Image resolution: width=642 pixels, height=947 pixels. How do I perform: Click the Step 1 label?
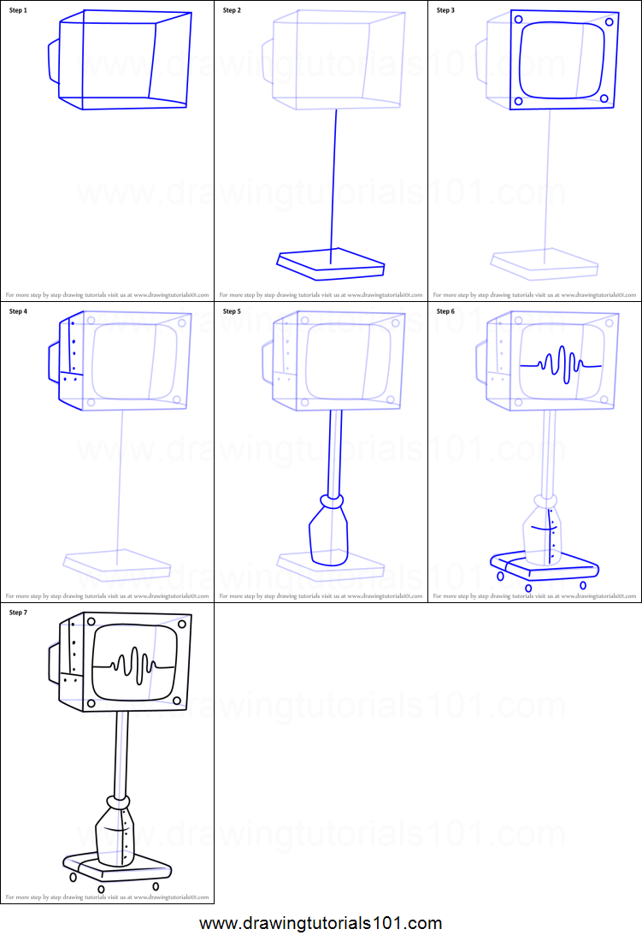(x=19, y=10)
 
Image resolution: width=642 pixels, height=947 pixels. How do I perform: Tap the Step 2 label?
(x=232, y=10)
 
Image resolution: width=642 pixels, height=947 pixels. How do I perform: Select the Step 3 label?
(x=446, y=10)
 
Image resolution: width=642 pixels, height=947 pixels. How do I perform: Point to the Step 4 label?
(x=19, y=311)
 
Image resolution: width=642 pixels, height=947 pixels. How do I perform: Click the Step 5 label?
(x=232, y=311)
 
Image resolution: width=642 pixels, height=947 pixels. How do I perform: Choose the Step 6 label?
(x=446, y=311)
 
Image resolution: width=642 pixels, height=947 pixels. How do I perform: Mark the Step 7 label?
(x=19, y=613)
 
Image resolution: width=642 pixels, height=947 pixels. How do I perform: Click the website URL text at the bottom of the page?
(x=321, y=924)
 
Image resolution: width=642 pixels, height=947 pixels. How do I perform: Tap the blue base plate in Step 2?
(x=330, y=263)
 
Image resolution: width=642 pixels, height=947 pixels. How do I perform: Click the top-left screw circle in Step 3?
(x=518, y=19)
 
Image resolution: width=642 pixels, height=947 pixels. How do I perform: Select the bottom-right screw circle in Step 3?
(x=604, y=98)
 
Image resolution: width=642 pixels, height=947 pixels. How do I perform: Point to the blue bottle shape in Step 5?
(x=328, y=536)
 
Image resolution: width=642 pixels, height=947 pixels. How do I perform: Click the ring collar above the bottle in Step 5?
(x=332, y=498)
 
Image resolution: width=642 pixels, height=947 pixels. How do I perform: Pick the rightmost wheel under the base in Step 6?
(x=583, y=585)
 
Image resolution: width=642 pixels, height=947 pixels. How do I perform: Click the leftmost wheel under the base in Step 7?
(x=73, y=877)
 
